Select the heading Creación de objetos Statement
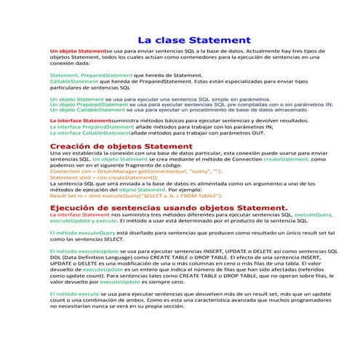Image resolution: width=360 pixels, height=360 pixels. click(x=115, y=146)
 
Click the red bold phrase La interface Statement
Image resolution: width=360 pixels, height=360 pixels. click(x=81, y=120)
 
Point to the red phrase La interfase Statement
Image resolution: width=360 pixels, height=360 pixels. click(x=79, y=215)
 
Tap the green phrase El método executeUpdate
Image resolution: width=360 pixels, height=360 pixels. click(x=79, y=249)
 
